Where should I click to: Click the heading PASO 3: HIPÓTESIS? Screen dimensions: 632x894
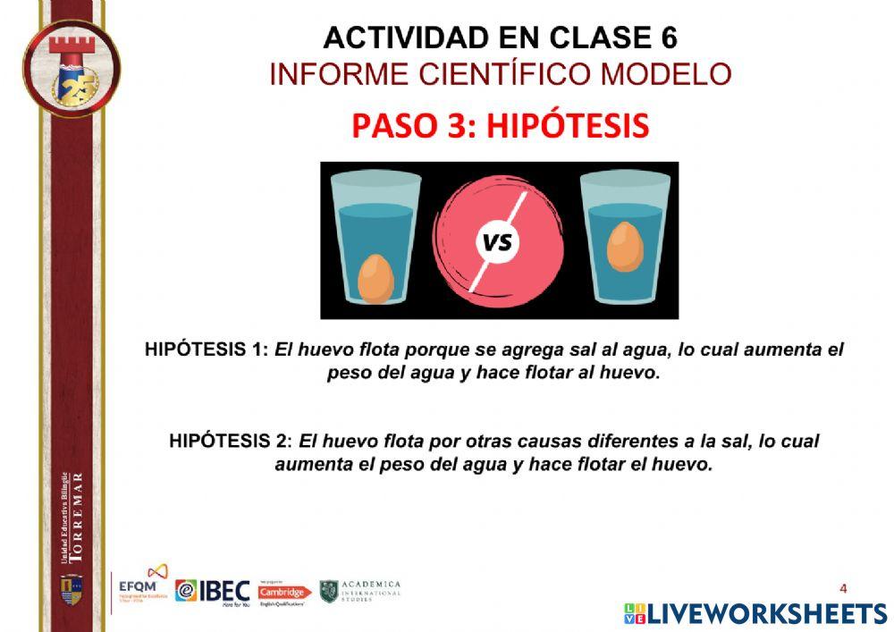point(500,126)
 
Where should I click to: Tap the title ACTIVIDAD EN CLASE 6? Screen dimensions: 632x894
point(500,38)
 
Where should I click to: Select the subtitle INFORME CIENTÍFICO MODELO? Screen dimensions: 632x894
point(500,74)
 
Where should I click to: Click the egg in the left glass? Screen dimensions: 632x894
point(375,280)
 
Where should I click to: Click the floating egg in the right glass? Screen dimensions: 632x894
point(625,246)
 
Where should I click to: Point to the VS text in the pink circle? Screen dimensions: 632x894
point(498,242)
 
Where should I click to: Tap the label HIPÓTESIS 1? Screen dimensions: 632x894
point(206,350)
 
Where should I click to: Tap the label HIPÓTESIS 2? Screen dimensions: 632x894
point(230,441)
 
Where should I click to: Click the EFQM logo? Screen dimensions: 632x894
point(143,586)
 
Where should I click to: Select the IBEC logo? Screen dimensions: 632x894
point(212,591)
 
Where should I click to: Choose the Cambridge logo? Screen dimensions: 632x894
point(284,592)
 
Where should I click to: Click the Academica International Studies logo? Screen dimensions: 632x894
point(360,591)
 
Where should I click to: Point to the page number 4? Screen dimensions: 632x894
point(843,587)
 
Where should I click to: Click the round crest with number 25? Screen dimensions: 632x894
point(72,69)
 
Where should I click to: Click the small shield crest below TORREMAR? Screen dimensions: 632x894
point(72,588)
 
